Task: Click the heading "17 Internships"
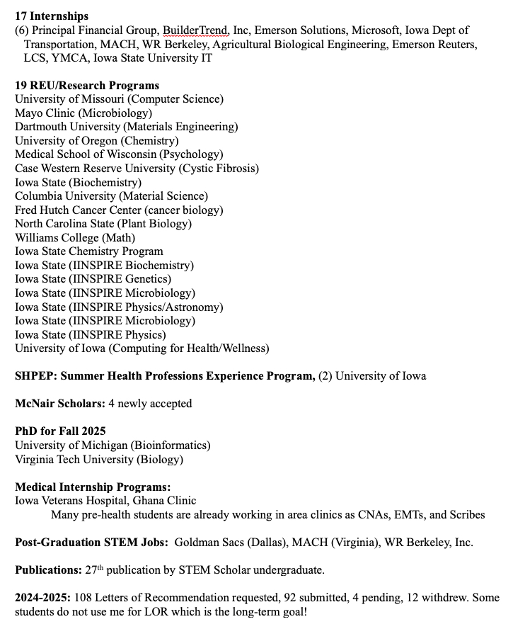(50, 16)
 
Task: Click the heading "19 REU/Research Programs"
(87, 86)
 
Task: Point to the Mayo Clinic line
(83, 113)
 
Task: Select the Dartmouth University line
(126, 127)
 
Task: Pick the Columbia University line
(111, 196)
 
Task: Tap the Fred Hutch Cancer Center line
(119, 210)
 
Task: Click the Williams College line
(75, 238)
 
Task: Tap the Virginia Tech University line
(99, 459)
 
